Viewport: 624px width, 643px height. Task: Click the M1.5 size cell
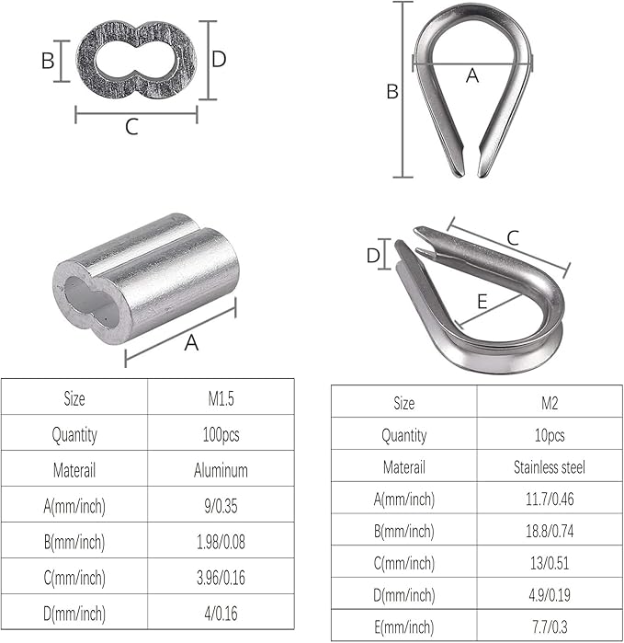(221, 398)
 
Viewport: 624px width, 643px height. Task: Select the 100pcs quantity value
(221, 434)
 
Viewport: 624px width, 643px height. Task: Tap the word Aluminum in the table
(221, 470)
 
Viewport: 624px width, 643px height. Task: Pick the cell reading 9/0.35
(221, 506)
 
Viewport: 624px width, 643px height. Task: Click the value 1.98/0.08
(221, 542)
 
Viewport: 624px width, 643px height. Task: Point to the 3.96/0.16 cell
(221, 578)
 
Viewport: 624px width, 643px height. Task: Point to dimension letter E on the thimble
(482, 301)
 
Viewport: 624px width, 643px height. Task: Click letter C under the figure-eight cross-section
(131, 128)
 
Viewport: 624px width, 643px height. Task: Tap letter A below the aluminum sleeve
(191, 343)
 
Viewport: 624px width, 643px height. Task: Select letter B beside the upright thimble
(391, 92)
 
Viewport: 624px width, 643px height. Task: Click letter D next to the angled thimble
(372, 256)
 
